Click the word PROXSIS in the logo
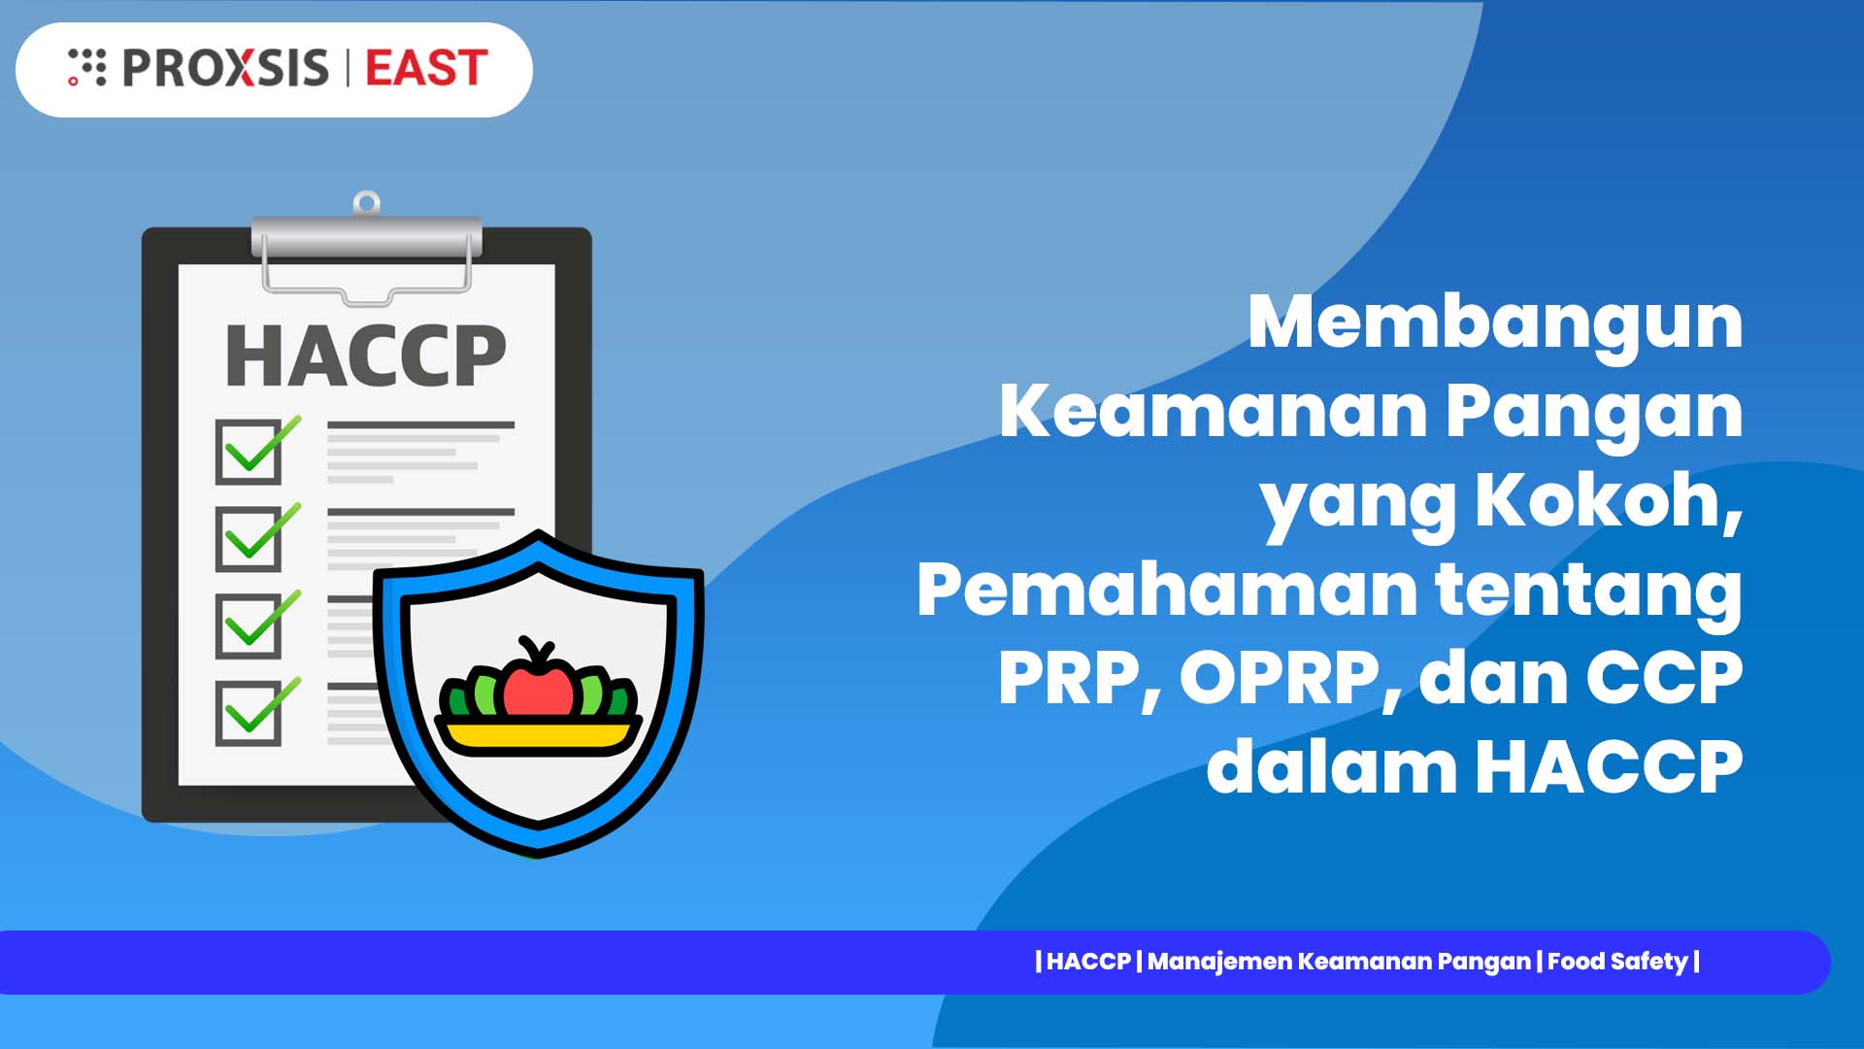click(x=225, y=68)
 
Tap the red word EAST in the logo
click(x=426, y=68)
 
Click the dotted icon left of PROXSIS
click(x=86, y=67)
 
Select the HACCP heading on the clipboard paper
click(x=365, y=356)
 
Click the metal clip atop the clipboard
click(x=366, y=238)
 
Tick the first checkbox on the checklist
click(x=250, y=452)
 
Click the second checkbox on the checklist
click(x=250, y=538)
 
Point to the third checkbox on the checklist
click(x=250, y=626)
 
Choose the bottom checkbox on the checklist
click(x=250, y=713)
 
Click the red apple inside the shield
click(x=538, y=684)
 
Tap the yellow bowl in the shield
click(x=538, y=735)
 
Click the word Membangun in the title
click(x=1495, y=322)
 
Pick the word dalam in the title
click(x=1331, y=766)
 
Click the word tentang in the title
click(x=1588, y=591)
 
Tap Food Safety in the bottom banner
click(x=1617, y=962)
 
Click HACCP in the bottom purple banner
click(x=1088, y=962)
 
